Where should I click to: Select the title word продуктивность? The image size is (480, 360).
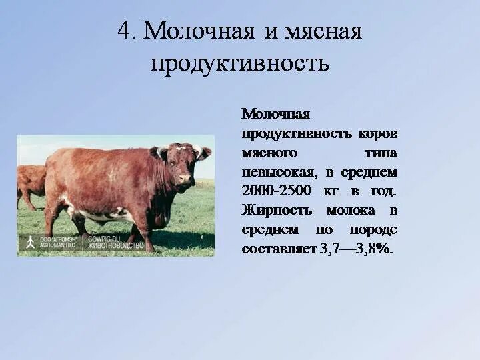click(x=239, y=63)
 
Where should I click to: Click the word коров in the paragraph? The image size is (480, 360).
click(x=377, y=133)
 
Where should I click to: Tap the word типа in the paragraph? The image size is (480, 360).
click(x=381, y=153)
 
